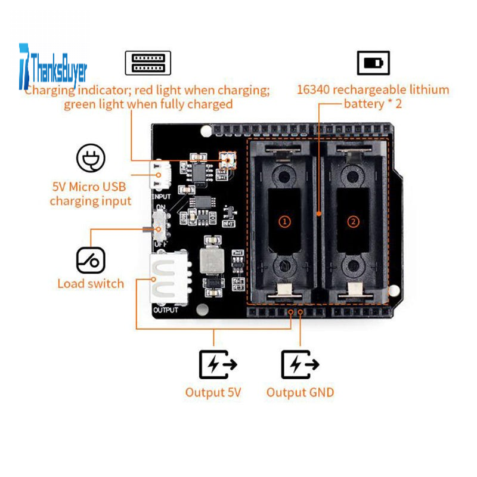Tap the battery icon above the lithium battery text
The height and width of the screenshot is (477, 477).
373,63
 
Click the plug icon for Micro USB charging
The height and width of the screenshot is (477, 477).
91,158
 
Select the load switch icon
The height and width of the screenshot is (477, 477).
91,261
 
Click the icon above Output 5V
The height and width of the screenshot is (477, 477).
217,364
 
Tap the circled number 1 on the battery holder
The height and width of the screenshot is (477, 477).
285,221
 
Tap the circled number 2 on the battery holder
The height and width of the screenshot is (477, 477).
354,221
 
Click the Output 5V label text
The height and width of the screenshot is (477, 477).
213,392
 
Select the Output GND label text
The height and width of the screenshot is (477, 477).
300,392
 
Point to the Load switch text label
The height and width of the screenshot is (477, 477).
91,284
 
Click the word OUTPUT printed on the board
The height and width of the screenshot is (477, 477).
166,310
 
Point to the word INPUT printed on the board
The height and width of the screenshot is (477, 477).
162,196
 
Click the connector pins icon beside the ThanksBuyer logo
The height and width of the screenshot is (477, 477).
148,63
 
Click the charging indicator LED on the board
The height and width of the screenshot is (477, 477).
227,159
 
